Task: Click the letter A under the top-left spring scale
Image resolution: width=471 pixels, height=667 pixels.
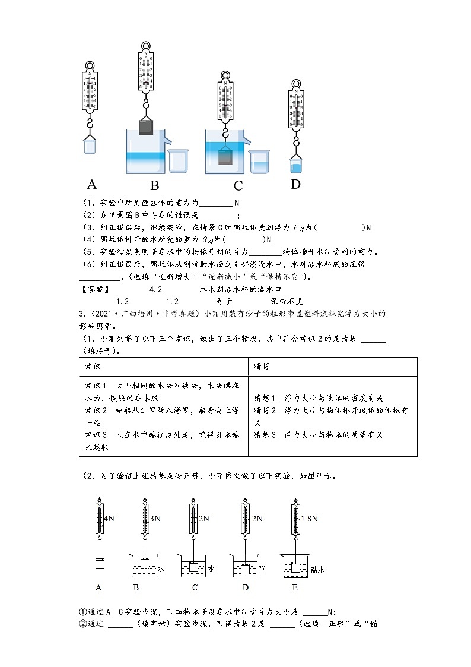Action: [x=92, y=184]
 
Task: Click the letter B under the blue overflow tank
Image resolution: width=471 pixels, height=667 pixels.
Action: [x=155, y=185]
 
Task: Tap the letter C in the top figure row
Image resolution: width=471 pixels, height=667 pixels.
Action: [x=238, y=185]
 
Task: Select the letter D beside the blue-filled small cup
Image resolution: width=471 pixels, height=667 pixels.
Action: [x=295, y=184]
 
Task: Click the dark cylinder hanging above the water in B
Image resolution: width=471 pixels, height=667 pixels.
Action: [x=147, y=127]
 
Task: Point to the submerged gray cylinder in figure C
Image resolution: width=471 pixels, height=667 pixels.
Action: [x=225, y=157]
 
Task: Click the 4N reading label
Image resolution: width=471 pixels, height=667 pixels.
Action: [x=109, y=519]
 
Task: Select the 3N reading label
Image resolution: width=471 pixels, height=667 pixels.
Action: [x=155, y=519]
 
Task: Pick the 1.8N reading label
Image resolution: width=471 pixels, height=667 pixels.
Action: [x=310, y=519]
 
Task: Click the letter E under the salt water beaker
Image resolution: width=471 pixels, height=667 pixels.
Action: [x=295, y=588]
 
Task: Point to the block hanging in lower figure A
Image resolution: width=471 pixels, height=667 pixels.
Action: [x=100, y=564]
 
